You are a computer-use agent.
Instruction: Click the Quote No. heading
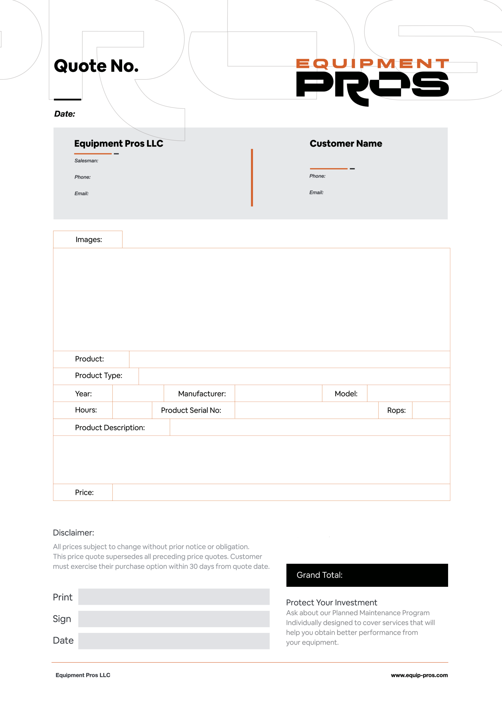tap(96, 66)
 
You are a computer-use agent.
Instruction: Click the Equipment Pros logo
tap(372, 82)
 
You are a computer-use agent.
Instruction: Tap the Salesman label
tap(86, 161)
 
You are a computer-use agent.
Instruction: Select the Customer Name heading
tap(345, 143)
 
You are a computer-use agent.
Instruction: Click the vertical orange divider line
tap(252, 178)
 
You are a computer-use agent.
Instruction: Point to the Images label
tap(89, 240)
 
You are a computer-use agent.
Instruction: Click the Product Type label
tap(98, 375)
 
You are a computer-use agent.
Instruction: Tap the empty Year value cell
tap(138, 393)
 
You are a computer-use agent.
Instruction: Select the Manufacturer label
tap(202, 394)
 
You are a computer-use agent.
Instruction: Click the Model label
tap(346, 394)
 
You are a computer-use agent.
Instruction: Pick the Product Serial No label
tap(191, 410)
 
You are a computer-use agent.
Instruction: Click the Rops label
tap(396, 410)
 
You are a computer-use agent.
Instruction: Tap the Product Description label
tap(110, 428)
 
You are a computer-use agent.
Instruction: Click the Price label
tap(84, 492)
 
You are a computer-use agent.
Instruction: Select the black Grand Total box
tap(367, 575)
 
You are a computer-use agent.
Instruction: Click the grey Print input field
tap(174, 597)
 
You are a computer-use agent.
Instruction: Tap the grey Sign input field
tap(174, 619)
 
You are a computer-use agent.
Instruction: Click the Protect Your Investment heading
tap(331, 603)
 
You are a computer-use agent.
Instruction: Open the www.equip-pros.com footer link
tap(419, 675)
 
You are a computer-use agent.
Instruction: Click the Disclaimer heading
tap(73, 533)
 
